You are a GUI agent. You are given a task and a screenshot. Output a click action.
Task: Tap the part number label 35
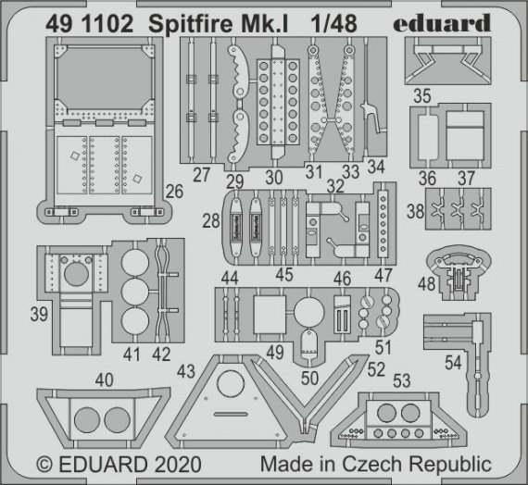pos(421,96)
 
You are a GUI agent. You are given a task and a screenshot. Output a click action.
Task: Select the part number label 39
pos(38,315)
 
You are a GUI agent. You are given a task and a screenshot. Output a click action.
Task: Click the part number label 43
pos(186,370)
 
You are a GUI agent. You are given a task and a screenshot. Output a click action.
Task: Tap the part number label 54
pos(452,364)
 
